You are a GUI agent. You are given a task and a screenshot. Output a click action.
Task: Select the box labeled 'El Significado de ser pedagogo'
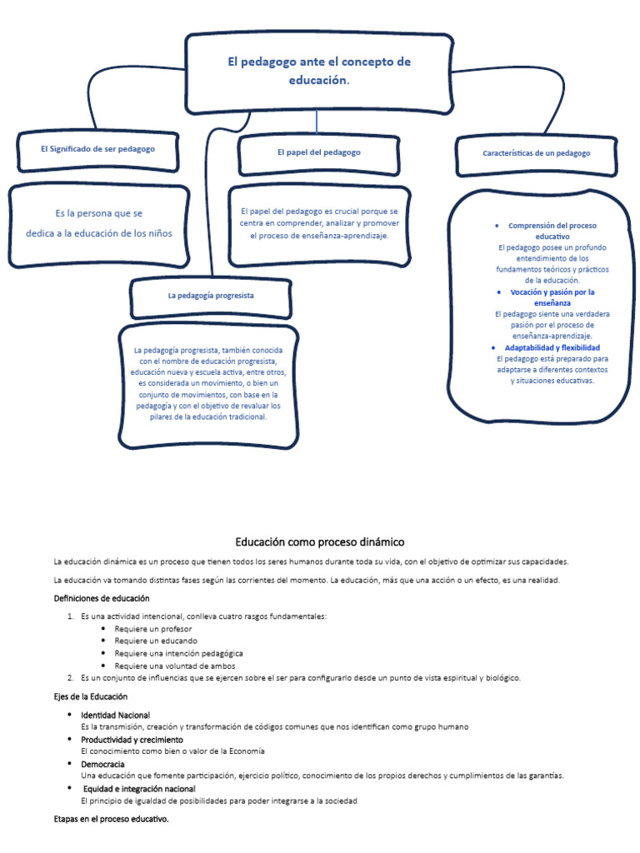point(97,148)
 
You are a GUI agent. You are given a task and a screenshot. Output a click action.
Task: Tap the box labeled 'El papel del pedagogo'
point(319,153)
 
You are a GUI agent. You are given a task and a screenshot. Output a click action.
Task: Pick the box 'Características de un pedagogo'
point(536,153)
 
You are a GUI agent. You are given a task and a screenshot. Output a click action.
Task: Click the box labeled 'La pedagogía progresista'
point(211,296)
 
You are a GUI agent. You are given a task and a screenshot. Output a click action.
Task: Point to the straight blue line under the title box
point(317,122)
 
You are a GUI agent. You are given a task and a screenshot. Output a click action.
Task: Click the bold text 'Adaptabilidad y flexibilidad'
point(552,347)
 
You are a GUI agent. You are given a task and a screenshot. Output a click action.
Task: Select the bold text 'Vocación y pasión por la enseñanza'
point(552,298)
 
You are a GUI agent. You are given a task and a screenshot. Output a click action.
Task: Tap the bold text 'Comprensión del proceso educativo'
point(552,231)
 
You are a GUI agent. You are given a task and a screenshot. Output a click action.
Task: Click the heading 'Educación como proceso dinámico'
point(319,541)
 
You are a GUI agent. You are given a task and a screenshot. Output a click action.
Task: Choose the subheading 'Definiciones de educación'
point(102,599)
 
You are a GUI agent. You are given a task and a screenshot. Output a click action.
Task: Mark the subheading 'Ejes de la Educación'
point(91,696)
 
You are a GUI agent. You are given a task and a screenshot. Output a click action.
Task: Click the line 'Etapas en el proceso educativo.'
point(111,820)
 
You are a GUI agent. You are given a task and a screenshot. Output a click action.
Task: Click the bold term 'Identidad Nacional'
point(116,716)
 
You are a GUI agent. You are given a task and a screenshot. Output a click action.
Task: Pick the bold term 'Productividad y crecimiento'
point(132,740)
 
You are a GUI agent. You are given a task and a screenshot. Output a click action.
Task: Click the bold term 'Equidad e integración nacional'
point(139,788)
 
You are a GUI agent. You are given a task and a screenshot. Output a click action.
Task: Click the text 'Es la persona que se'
point(98,213)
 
